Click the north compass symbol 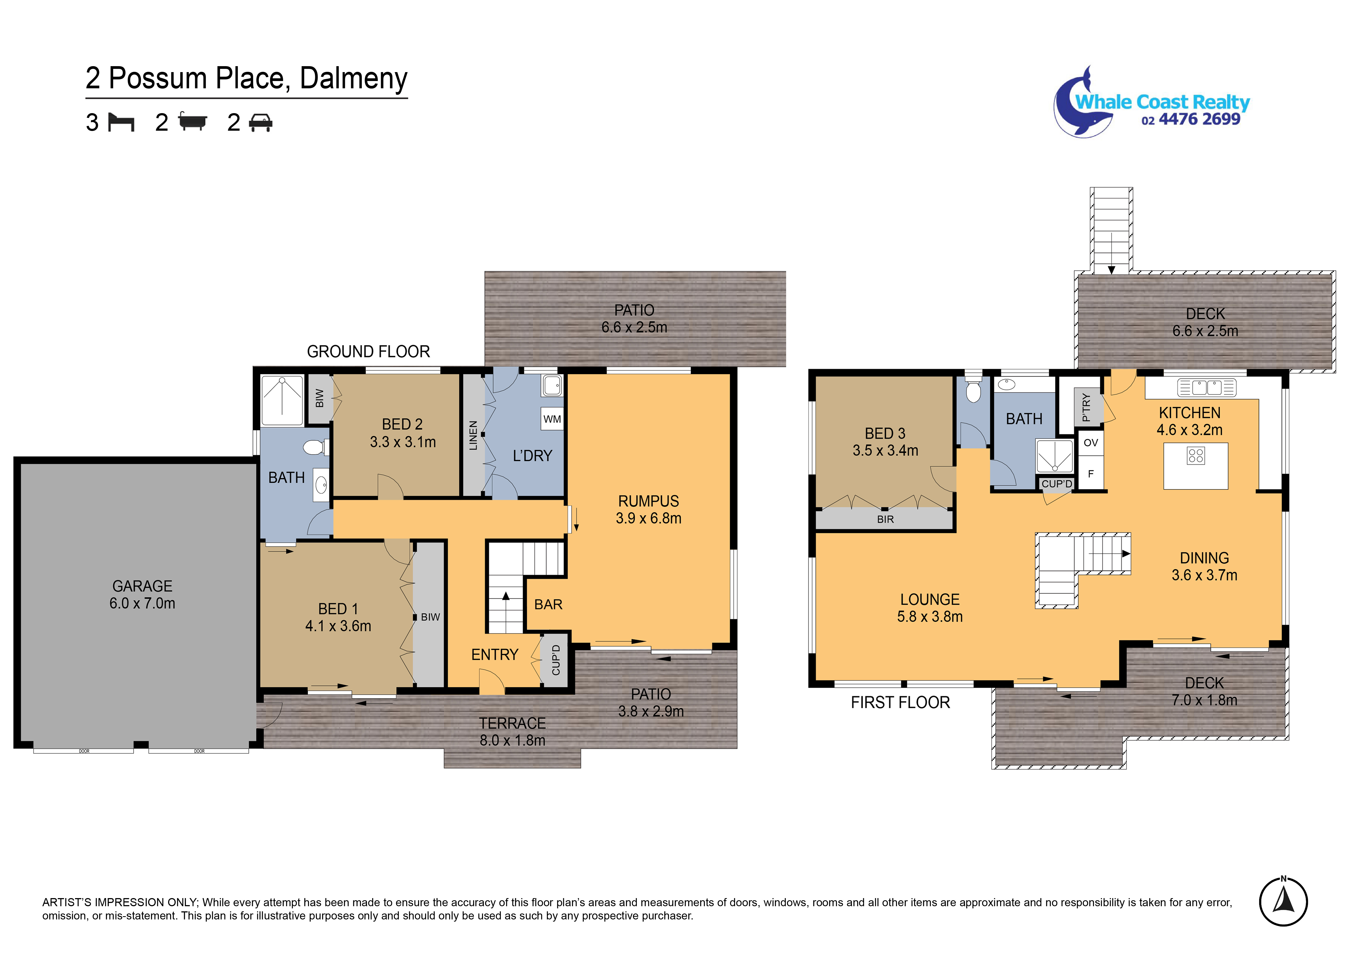pyautogui.click(x=1283, y=901)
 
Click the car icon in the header pyautogui.click(x=260, y=122)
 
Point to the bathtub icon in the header pyautogui.click(x=193, y=121)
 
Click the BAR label pyautogui.click(x=548, y=604)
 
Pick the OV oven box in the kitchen pyautogui.click(x=1090, y=443)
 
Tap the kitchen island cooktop pyautogui.click(x=1196, y=456)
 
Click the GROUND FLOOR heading pyautogui.click(x=368, y=352)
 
